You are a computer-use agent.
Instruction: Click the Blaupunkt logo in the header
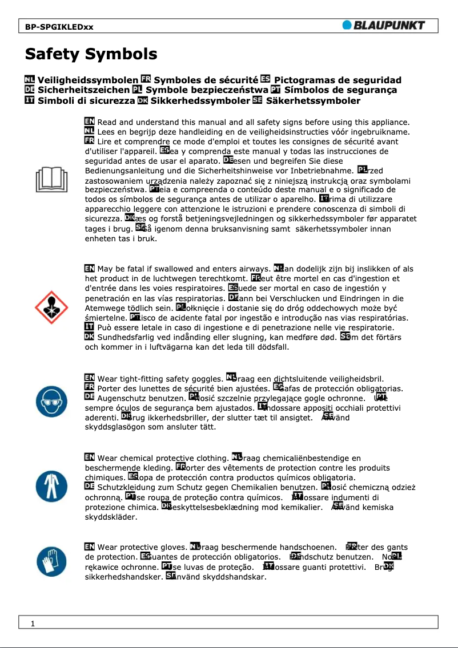(384, 25)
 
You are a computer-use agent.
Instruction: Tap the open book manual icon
(52, 180)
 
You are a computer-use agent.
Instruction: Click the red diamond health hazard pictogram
(52, 307)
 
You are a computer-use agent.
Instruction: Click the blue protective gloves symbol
(52, 562)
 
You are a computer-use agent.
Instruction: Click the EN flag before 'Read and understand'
(90, 122)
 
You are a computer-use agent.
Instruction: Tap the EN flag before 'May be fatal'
(90, 269)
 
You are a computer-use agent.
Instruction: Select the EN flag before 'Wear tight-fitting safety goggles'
(90, 378)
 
